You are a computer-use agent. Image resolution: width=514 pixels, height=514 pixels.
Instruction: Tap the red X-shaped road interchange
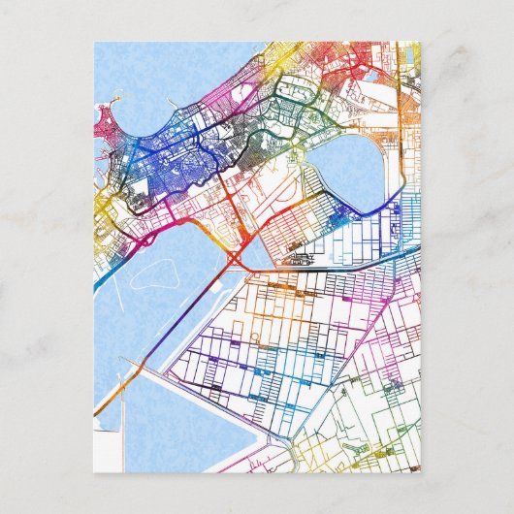[237, 257]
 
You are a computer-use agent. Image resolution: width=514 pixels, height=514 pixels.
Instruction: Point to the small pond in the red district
[369, 73]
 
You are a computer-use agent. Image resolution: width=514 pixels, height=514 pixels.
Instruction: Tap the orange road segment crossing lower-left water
[121, 382]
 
